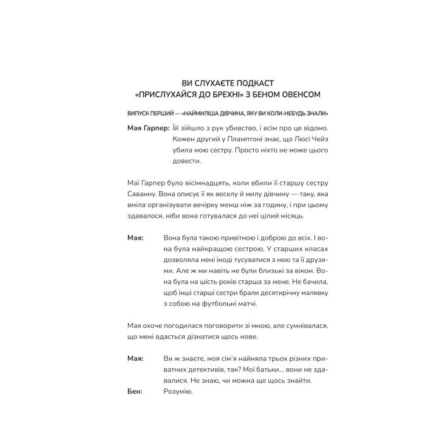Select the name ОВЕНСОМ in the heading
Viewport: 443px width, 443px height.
click(299, 96)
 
